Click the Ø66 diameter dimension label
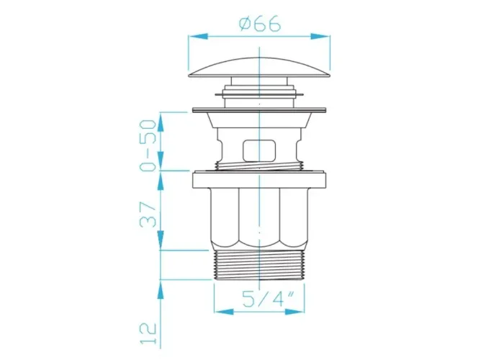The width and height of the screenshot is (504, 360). coord(260,24)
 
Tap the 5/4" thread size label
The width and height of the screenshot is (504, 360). coord(264,299)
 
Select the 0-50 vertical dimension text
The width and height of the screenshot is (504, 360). coord(148,145)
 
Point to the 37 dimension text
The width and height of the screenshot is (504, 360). coord(148,215)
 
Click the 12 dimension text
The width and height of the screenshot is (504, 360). coord(148,333)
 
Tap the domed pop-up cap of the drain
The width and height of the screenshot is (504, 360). coord(259,68)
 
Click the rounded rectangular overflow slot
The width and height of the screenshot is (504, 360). coord(259,150)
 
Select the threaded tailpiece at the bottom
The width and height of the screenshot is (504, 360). coord(258,265)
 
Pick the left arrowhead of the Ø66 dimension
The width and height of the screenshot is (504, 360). coord(198,36)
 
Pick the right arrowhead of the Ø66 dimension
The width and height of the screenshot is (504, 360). coord(320,36)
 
